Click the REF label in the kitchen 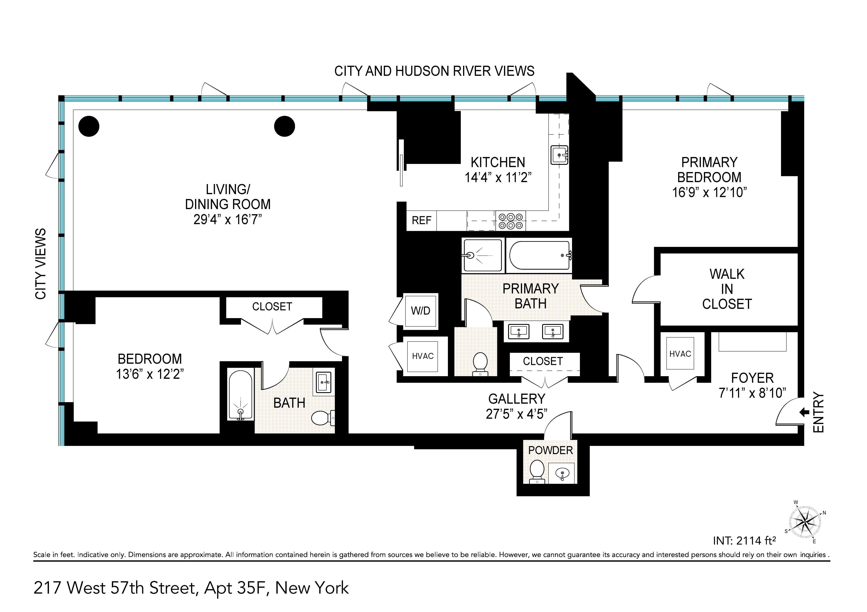421,220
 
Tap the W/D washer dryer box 421,311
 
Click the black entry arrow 804,413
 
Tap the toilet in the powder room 537,471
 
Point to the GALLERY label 517,399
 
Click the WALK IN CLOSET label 727,289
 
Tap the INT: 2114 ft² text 744,541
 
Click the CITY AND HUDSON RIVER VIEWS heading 434,71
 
